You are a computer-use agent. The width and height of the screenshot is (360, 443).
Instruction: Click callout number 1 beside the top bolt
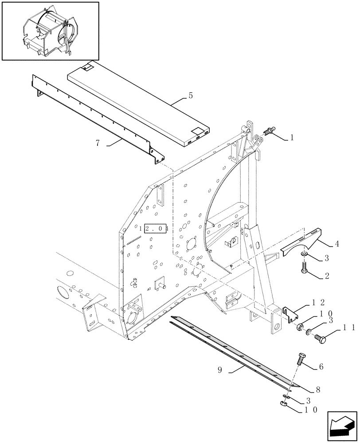coord(292,138)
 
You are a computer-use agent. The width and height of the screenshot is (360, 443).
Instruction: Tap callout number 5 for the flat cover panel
coord(191,95)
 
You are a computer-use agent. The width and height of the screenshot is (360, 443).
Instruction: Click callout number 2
coord(327,276)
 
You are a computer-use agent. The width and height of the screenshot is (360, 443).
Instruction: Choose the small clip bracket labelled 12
coord(290,314)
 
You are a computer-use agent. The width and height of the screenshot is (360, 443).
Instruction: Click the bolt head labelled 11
coord(320,339)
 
